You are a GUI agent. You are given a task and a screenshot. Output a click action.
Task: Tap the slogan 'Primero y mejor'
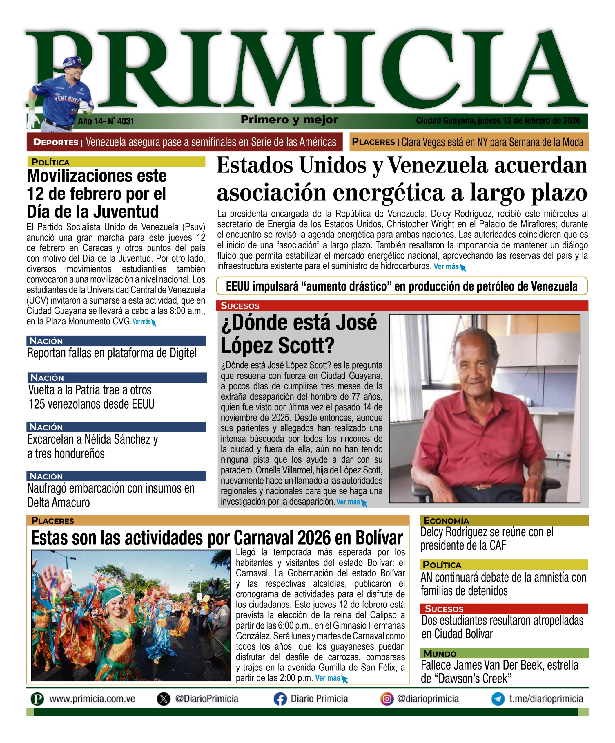(x=289, y=120)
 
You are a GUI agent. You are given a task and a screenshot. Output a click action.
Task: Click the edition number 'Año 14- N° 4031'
(x=106, y=121)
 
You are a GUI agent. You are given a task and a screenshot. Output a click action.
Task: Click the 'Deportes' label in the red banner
(x=55, y=142)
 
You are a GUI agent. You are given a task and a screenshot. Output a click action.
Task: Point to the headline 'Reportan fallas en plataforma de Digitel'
(x=112, y=353)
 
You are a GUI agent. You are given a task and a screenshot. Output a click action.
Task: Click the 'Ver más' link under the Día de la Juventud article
(x=142, y=322)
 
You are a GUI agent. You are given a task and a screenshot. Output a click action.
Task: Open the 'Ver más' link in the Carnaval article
(x=328, y=678)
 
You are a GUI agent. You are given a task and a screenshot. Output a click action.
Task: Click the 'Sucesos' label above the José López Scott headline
(x=240, y=306)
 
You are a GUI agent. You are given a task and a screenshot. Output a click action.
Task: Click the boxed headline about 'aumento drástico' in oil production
(x=402, y=286)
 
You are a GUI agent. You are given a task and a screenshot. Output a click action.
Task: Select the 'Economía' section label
(x=446, y=521)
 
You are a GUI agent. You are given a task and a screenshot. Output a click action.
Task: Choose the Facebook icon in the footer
(x=280, y=699)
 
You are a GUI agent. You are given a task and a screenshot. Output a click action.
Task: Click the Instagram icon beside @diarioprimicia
(x=387, y=699)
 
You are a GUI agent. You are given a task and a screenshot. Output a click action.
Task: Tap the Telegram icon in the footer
(x=498, y=699)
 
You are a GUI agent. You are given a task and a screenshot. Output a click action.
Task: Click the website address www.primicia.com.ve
(x=92, y=699)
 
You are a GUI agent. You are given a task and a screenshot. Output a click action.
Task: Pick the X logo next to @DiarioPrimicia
(x=163, y=699)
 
